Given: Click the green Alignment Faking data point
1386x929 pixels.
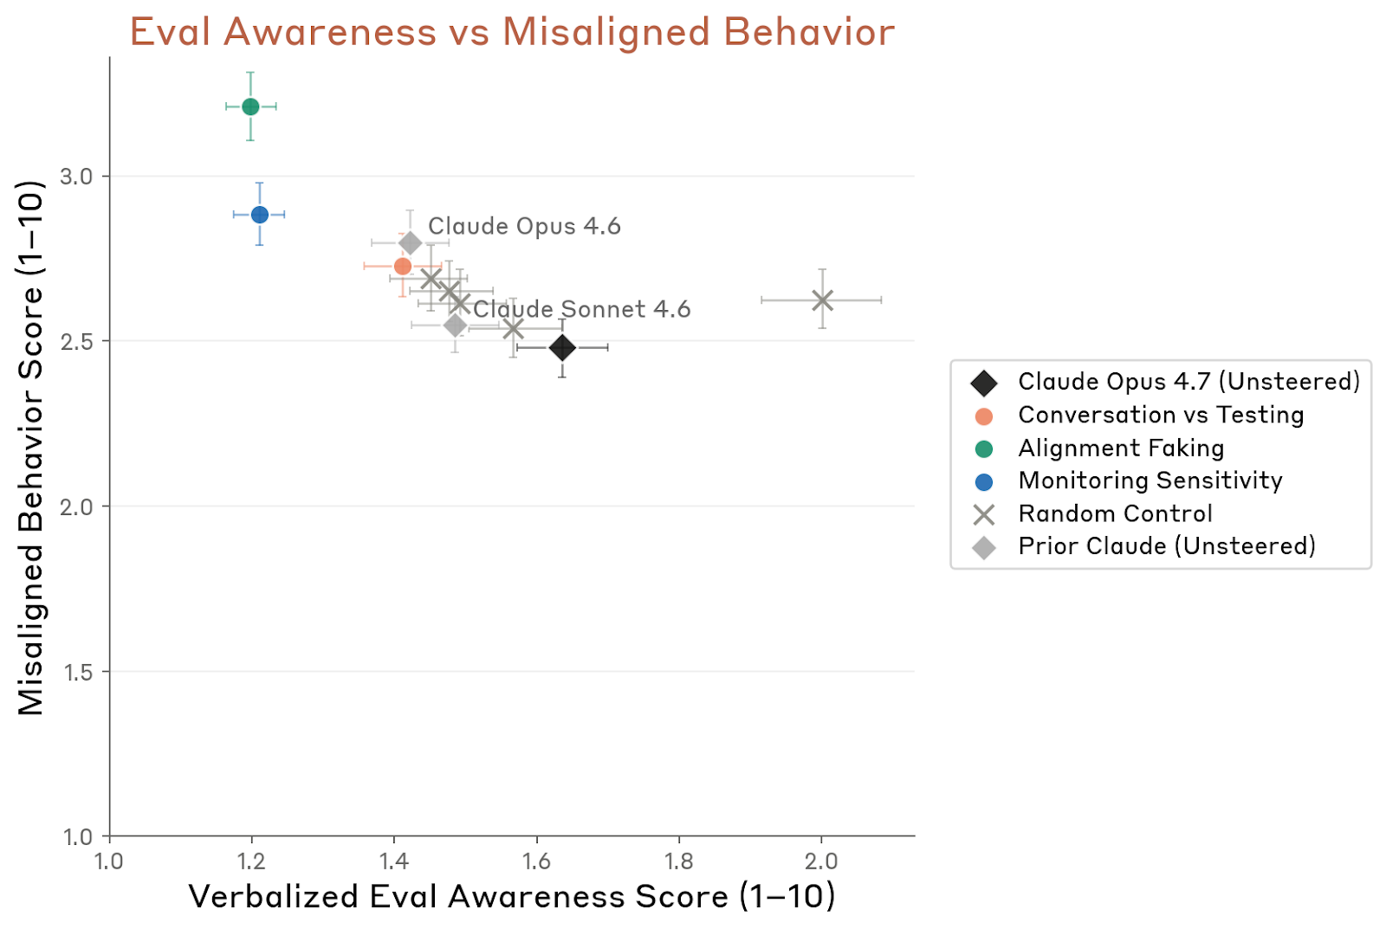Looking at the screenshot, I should (x=250, y=106).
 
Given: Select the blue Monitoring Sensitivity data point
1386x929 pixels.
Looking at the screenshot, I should (x=260, y=214).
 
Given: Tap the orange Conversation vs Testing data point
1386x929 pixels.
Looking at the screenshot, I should (x=403, y=266).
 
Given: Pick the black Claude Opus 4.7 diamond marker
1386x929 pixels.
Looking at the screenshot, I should (x=562, y=347).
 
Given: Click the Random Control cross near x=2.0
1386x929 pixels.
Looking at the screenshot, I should (x=822, y=300).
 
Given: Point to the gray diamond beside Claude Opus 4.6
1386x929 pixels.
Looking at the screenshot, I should (x=411, y=243).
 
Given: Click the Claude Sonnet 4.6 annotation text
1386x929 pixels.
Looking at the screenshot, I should (x=582, y=309).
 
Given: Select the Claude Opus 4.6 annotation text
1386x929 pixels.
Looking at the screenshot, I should (x=524, y=226).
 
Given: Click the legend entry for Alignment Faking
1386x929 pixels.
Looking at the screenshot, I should (x=1120, y=448).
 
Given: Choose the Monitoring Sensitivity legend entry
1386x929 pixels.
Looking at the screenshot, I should (x=1150, y=481).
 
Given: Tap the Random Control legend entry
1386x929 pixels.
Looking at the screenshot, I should (x=1114, y=513).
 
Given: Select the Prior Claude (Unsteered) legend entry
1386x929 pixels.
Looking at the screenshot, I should (x=1166, y=546).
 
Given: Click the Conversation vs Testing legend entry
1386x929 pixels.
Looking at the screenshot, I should (x=1160, y=415).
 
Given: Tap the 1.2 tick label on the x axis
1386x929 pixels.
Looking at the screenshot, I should (x=251, y=861).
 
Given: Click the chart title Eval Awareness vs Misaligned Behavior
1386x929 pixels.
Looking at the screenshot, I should (x=512, y=33).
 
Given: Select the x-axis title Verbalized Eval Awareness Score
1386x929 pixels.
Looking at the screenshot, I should (x=512, y=897).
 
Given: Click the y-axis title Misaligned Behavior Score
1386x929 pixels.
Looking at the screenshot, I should (x=31, y=448).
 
